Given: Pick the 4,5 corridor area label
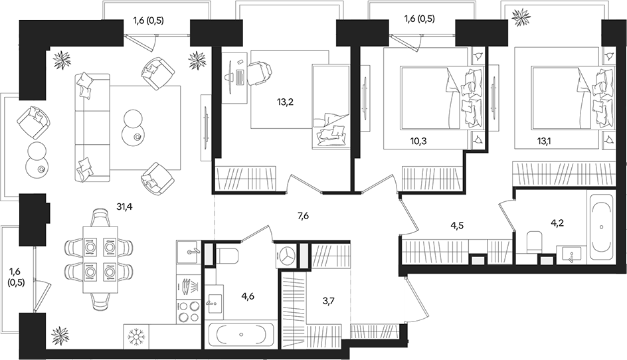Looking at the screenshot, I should tap(458, 225).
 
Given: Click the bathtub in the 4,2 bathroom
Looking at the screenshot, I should tap(601, 226).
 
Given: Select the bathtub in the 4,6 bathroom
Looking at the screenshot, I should tap(240, 334).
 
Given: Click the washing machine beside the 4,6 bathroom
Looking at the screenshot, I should tap(286, 255).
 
